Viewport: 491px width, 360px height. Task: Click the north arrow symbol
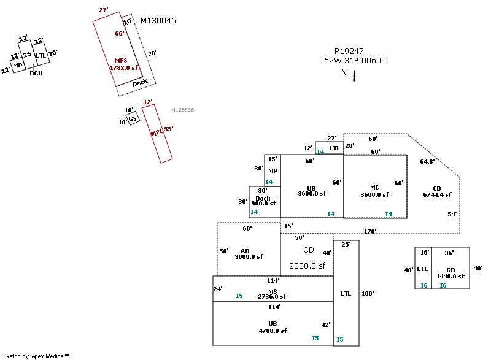click(x=354, y=75)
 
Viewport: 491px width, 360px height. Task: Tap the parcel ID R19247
click(x=349, y=52)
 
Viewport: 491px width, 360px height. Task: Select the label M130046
click(x=158, y=21)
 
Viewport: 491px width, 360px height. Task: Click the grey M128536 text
click(x=182, y=110)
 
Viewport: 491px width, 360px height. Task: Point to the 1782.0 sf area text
click(x=124, y=68)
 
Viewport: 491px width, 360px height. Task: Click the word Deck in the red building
click(x=140, y=82)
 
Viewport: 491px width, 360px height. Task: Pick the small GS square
click(x=133, y=118)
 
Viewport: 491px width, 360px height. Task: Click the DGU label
click(x=36, y=73)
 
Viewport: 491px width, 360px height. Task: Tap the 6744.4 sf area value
click(x=437, y=194)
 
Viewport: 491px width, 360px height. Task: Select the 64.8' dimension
click(x=427, y=162)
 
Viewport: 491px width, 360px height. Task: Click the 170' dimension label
click(x=370, y=231)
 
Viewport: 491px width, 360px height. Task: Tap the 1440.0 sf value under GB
click(x=450, y=276)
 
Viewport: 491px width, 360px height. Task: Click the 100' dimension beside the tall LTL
click(x=368, y=293)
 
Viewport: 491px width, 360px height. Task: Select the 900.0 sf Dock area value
click(x=263, y=203)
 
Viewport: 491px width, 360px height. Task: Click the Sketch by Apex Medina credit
click(x=36, y=356)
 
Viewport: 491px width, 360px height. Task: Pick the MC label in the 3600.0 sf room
click(x=375, y=188)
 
